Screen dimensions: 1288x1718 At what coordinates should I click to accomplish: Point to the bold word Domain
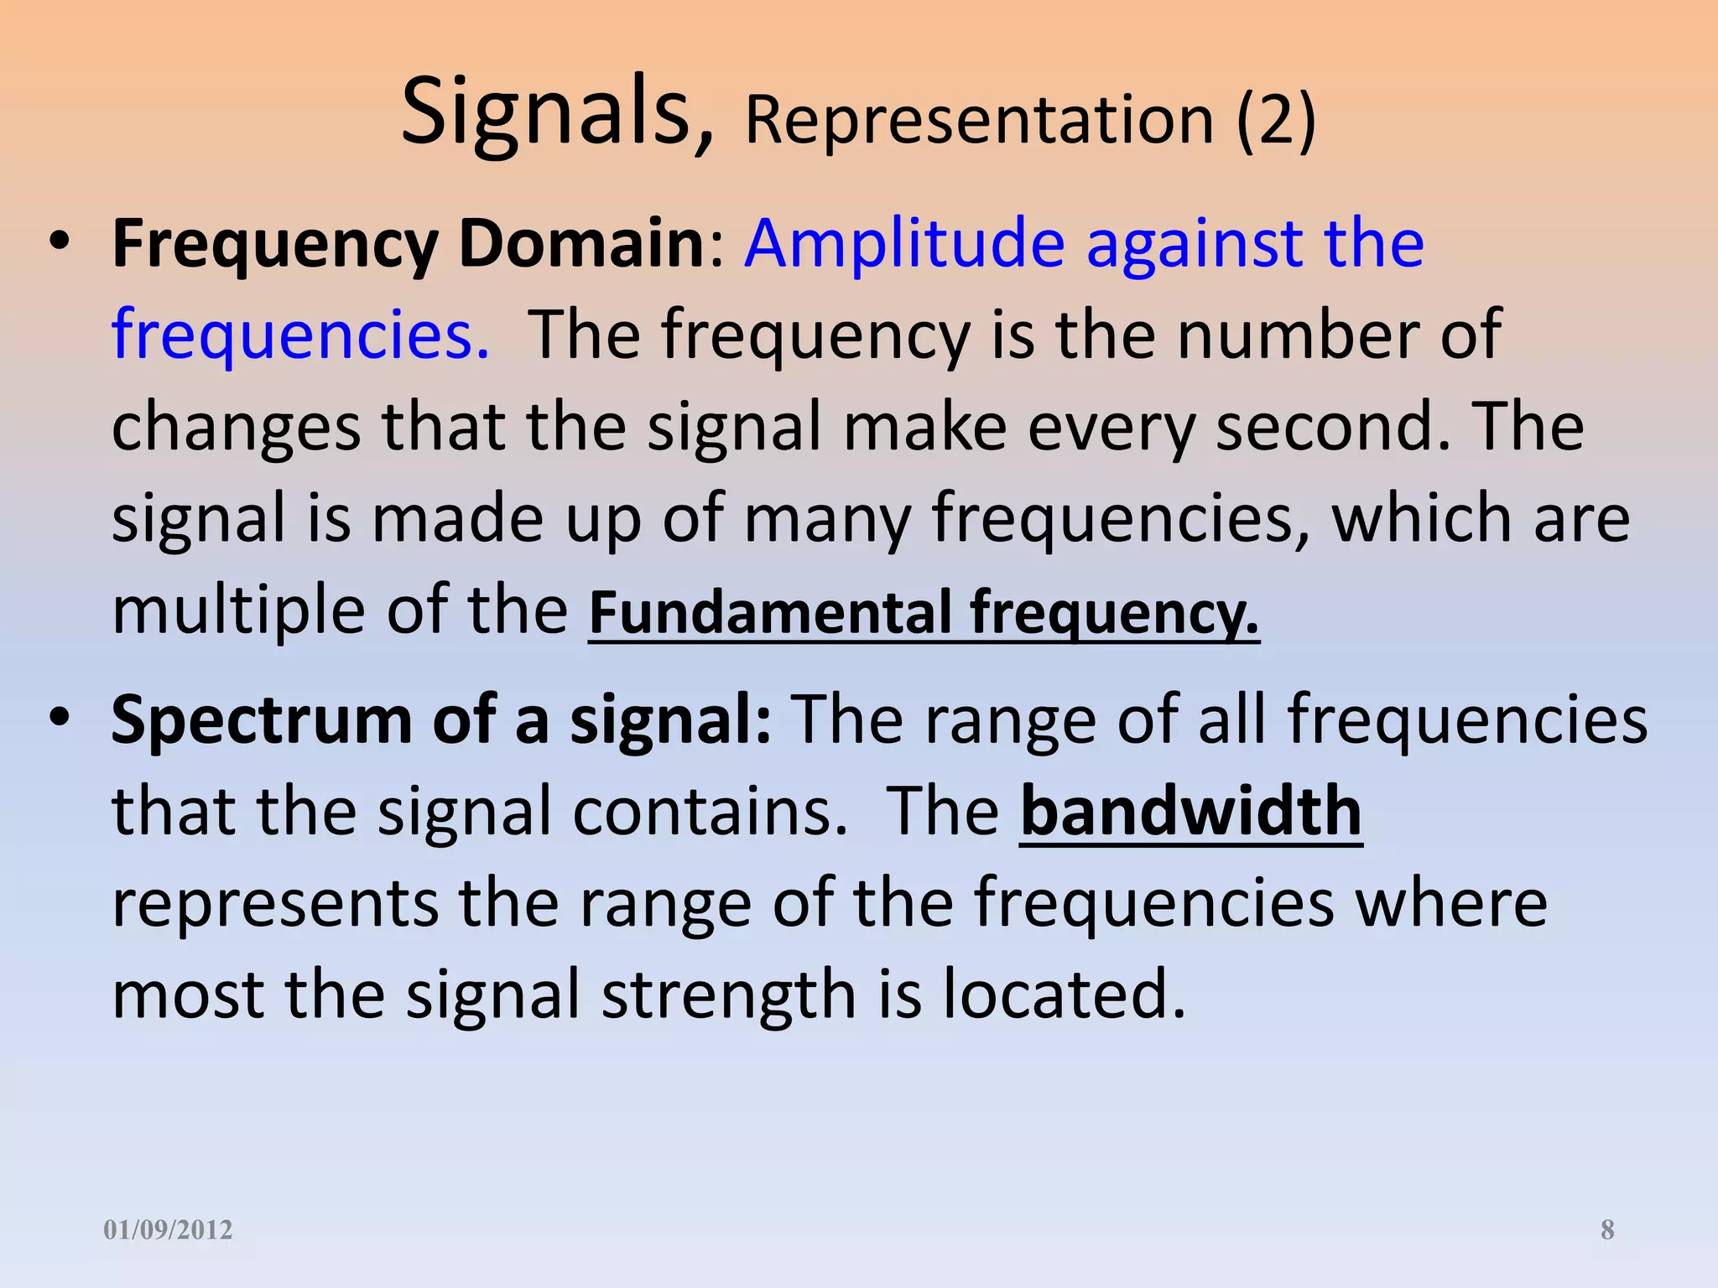581,243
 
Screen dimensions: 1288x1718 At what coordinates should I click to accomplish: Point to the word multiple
237,610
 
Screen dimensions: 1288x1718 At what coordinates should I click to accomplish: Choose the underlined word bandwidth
1191,812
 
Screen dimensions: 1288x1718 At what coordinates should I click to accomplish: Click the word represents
275,904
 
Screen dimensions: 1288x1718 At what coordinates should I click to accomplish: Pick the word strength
728,995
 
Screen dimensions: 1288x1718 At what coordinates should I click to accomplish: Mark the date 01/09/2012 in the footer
168,1230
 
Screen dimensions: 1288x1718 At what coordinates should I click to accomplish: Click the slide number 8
1607,1230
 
